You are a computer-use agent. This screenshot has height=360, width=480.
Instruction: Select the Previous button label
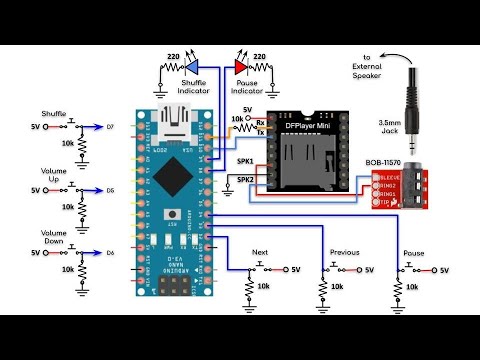tap(342, 253)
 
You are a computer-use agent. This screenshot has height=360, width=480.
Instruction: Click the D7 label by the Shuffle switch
tap(110, 127)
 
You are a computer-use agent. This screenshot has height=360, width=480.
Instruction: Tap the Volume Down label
tap(53, 237)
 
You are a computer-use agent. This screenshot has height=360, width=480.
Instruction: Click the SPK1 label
tap(245, 160)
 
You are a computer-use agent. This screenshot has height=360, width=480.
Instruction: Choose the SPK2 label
tap(245, 180)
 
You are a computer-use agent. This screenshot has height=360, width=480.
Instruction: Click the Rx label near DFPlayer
tap(260, 124)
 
